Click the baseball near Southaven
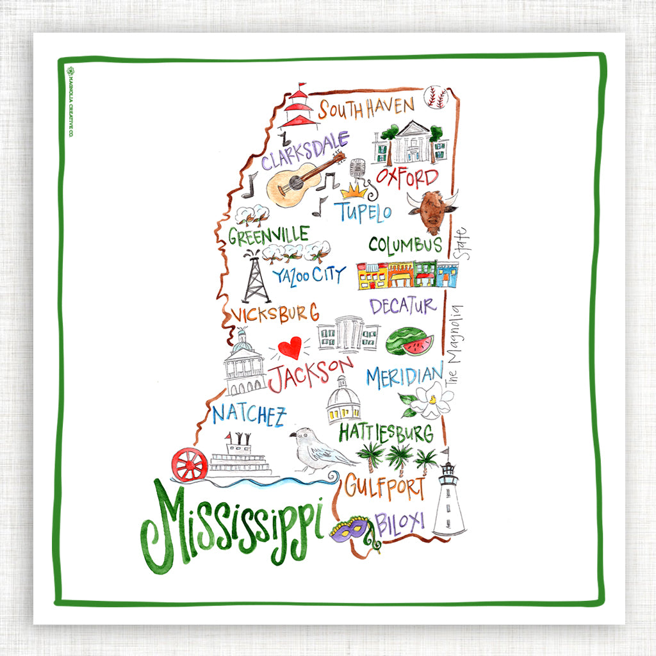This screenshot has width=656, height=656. click(x=437, y=97)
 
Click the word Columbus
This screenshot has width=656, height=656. click(x=405, y=245)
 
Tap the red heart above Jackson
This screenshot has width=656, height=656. click(x=290, y=348)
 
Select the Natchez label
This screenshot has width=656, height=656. click(x=249, y=415)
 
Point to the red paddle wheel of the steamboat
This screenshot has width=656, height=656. click(x=190, y=464)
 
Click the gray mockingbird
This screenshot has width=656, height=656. click(x=318, y=450)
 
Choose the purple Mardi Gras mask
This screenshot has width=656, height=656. click(x=350, y=530)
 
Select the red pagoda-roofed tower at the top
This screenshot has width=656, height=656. click(x=299, y=107)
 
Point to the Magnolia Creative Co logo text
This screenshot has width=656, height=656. click(x=71, y=102)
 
